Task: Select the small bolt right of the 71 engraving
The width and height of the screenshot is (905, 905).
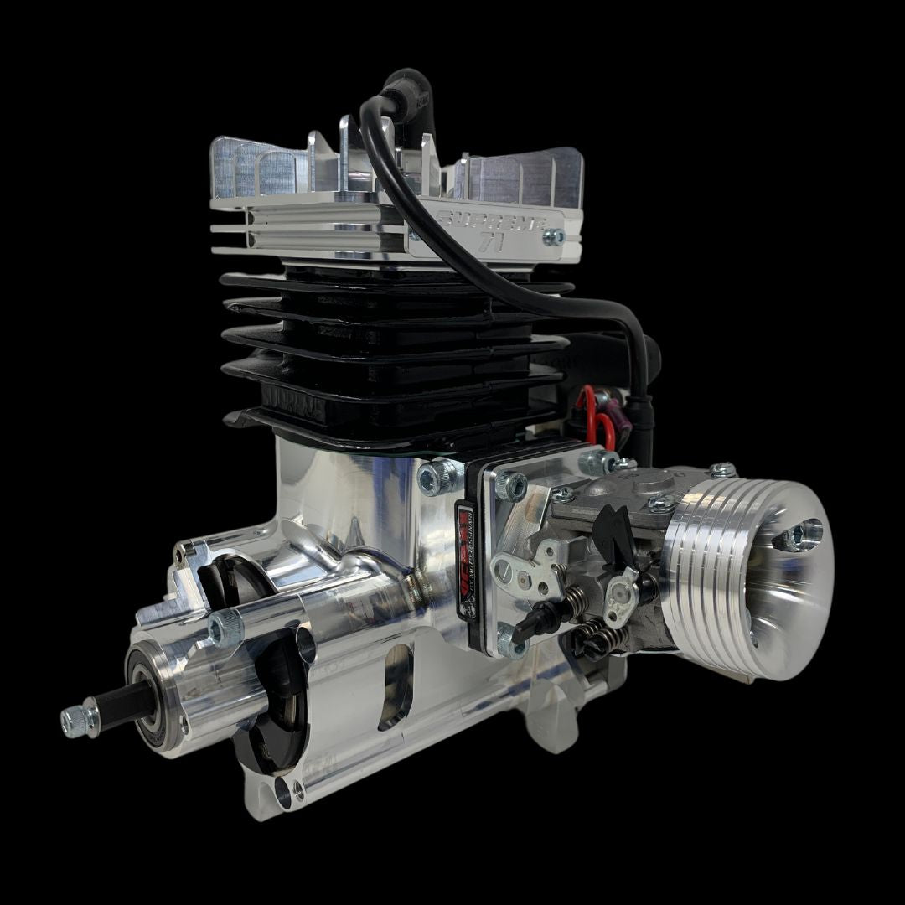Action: point(553,237)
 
